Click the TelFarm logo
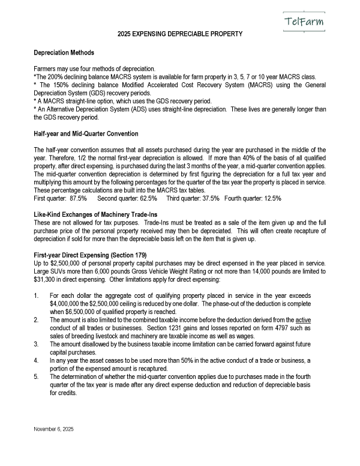(x=303, y=22)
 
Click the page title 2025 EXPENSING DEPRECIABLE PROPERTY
(x=180, y=35)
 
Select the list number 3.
(x=37, y=344)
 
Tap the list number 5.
(x=37, y=377)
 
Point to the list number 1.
(x=37, y=295)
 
